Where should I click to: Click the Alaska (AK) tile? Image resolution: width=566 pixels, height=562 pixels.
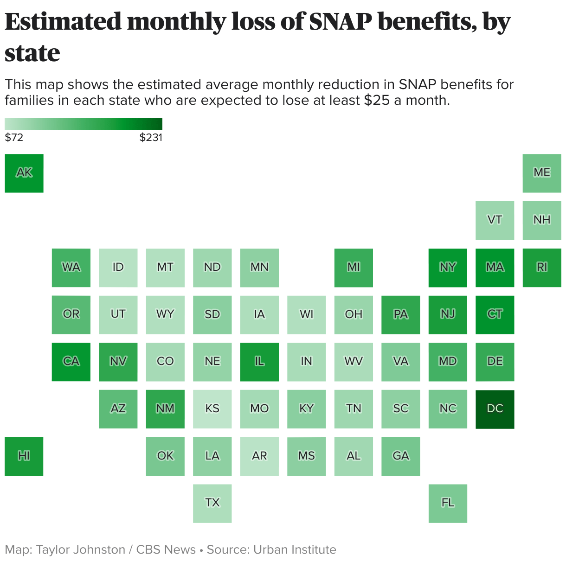point(24,173)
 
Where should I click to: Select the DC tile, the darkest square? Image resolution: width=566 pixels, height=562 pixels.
point(495,409)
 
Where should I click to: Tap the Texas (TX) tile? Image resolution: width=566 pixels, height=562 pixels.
point(212,503)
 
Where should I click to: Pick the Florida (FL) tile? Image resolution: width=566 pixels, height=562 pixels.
point(448,503)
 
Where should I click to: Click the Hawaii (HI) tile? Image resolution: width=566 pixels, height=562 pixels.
point(24,456)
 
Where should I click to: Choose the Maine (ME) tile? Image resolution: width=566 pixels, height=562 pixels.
point(541,173)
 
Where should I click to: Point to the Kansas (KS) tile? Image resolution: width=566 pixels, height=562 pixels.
point(212,409)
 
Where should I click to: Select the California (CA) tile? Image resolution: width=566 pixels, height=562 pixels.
point(71,362)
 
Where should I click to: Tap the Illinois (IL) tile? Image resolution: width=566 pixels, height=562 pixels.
point(259,362)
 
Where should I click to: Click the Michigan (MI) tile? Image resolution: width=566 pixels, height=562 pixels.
point(354,268)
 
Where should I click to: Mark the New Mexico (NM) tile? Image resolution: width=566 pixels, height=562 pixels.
point(165,409)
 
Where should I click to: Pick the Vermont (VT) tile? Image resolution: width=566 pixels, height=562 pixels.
point(495,220)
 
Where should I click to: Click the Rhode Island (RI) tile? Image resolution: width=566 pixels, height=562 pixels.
point(541,268)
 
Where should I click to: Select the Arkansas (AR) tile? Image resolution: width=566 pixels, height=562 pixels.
point(259,456)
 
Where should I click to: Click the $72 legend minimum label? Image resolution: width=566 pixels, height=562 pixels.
point(14,138)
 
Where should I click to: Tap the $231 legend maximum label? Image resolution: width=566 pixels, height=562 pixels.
point(151,138)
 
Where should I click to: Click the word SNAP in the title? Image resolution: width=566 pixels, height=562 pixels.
point(340,22)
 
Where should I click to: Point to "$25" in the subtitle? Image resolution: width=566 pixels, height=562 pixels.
point(377,100)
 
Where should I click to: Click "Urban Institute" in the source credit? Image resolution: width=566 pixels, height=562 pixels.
point(295,550)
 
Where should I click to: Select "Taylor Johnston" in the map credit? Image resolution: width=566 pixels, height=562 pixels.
point(81,550)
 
